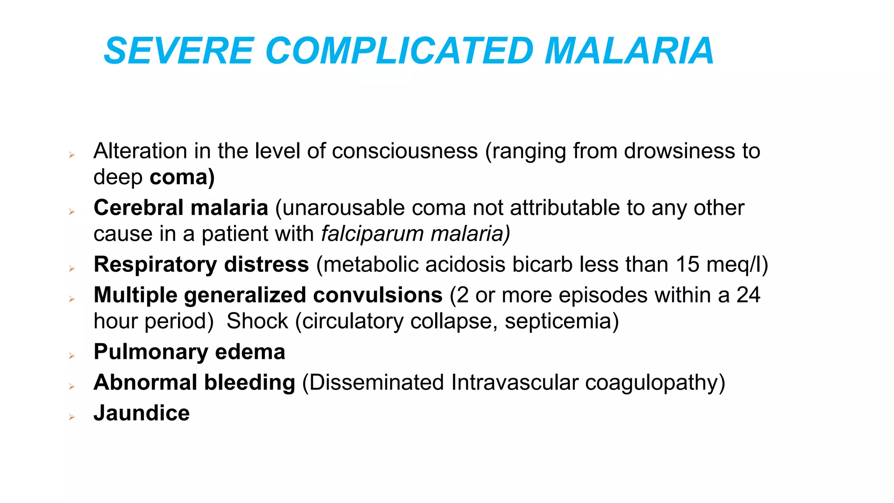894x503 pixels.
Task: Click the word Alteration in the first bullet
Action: tap(140, 151)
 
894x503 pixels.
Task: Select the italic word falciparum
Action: tap(372, 234)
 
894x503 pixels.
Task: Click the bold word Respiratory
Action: tap(155, 265)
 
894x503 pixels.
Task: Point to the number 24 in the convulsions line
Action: tap(748, 295)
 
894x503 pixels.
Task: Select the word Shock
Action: tap(257, 321)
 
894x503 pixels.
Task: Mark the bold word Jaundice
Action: tap(141, 413)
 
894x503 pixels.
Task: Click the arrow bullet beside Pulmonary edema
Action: tap(72, 356)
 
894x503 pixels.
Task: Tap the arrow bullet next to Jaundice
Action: tap(72, 417)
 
